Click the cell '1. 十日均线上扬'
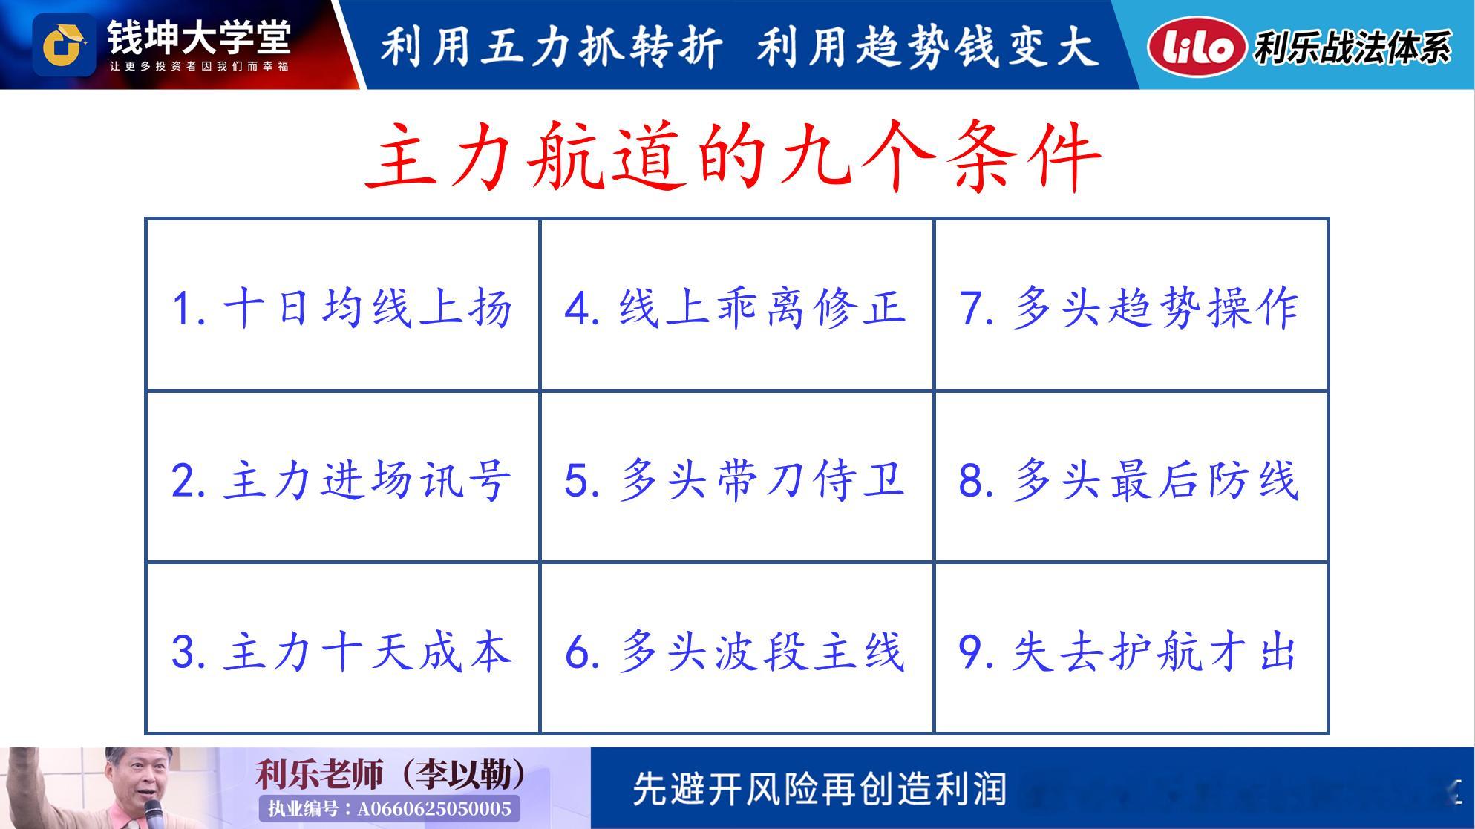coord(343,305)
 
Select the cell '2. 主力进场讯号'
coord(343,476)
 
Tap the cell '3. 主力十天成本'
coord(343,648)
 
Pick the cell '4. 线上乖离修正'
coord(736,305)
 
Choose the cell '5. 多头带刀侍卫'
coord(736,476)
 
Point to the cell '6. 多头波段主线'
coord(736,648)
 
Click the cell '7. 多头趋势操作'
coord(1131,305)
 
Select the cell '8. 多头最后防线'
coord(1131,476)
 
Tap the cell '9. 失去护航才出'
coord(1131,648)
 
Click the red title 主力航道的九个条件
coord(733,157)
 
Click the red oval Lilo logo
coord(1196,46)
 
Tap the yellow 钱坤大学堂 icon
coord(64,45)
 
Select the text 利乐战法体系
coord(1353,47)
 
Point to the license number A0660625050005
coord(434,808)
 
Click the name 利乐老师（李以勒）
coord(390,774)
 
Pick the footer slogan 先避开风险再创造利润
coord(820,789)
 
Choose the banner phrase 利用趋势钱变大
coord(927,46)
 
